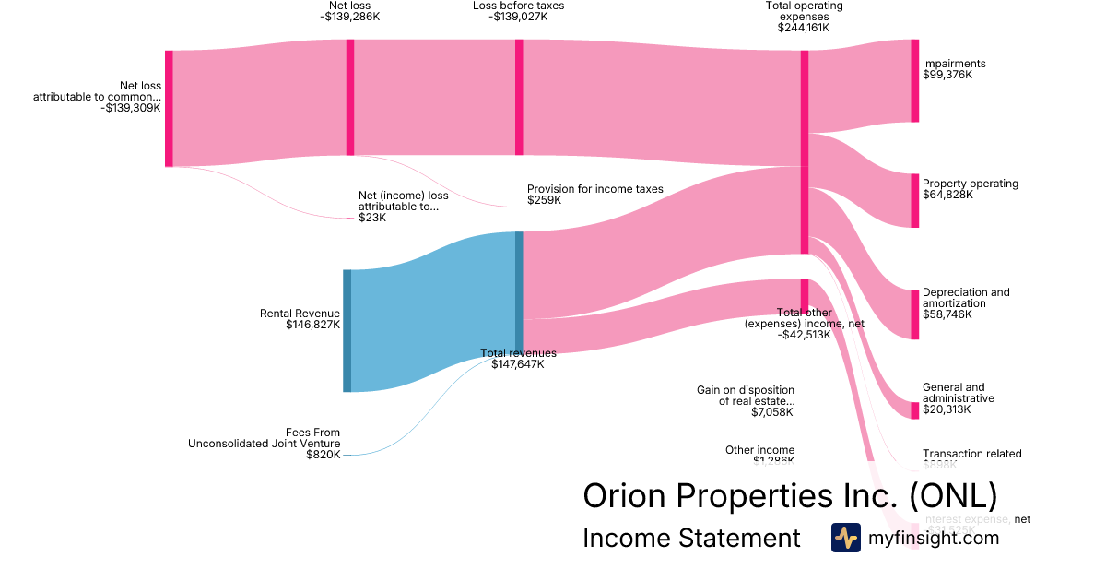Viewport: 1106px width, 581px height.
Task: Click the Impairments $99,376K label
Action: pos(954,69)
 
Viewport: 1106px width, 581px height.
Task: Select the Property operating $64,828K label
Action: pos(970,189)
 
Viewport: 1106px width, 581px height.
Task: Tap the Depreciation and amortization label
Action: pos(965,303)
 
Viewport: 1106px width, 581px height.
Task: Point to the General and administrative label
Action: pos(958,398)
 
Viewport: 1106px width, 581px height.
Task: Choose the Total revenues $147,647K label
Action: pos(518,359)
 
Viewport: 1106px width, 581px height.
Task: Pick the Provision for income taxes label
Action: pos(594,195)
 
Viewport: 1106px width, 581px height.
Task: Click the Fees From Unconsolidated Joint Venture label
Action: pos(264,444)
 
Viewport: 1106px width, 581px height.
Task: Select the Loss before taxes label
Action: pos(518,11)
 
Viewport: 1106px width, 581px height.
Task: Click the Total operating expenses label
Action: pos(804,17)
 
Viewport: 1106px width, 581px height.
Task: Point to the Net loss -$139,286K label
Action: pos(350,11)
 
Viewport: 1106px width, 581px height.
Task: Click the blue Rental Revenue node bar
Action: pos(347,330)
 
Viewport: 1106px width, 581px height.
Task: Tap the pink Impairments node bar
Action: pos(914,80)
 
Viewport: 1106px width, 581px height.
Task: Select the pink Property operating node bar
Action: pos(914,200)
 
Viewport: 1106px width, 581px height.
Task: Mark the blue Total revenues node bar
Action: pos(519,290)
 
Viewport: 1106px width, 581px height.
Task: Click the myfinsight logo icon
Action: pos(845,538)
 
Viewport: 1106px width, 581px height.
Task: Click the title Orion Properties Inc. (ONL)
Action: pos(790,496)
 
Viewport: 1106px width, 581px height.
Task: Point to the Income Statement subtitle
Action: pos(691,539)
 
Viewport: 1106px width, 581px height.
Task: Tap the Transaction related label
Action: pos(971,454)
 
